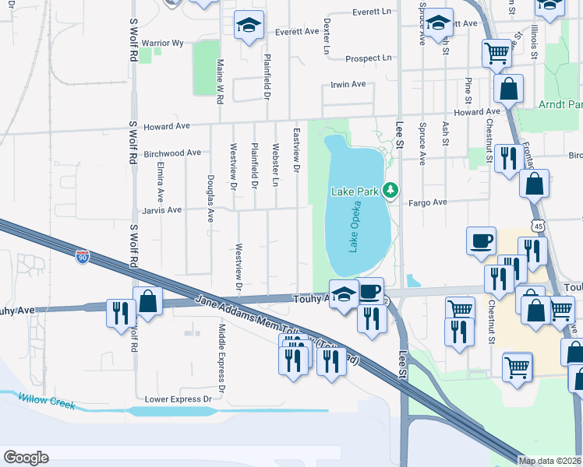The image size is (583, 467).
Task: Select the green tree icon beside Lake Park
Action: (x=392, y=190)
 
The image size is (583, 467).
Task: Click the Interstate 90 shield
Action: (x=83, y=255)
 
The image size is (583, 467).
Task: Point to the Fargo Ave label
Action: (x=429, y=202)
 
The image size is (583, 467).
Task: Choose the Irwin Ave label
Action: (x=348, y=84)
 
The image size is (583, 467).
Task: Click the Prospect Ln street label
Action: (x=369, y=58)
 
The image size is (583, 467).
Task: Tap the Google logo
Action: (x=26, y=458)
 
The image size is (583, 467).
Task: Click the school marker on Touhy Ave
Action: (x=341, y=294)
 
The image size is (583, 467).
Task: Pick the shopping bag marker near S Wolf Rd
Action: (x=147, y=302)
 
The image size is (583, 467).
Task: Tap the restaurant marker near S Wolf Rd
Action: (x=119, y=313)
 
